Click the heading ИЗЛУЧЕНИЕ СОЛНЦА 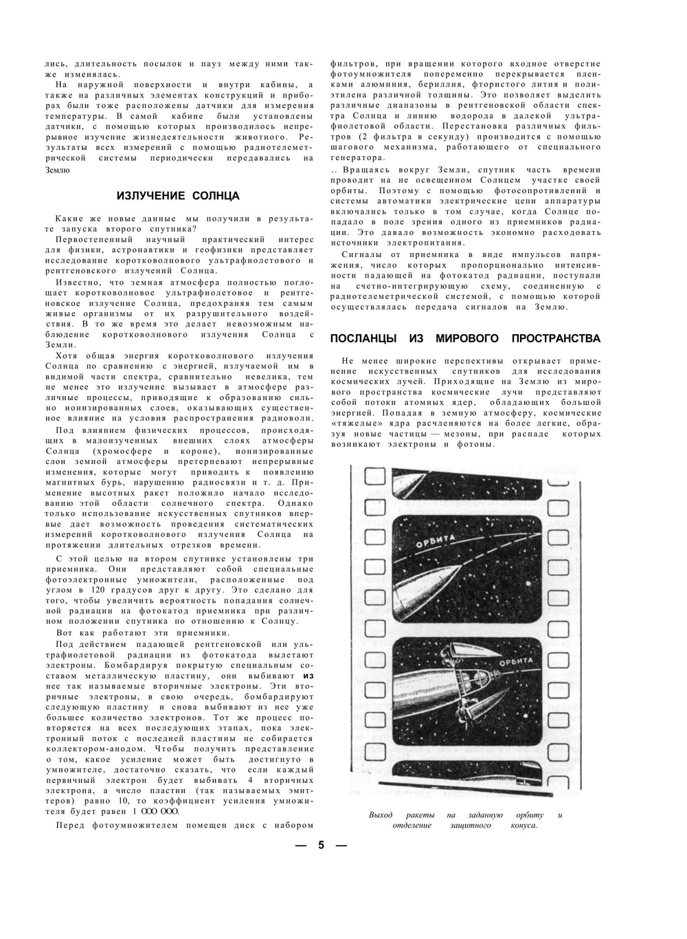pyautogui.click(x=178, y=196)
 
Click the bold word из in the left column pyautogui.click(x=308, y=676)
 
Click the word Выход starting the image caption pyautogui.click(x=381, y=815)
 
